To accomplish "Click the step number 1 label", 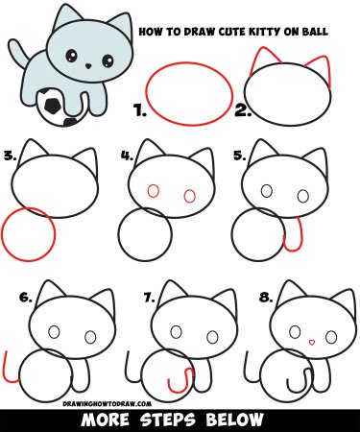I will [140, 111].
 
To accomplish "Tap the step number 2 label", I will [241, 111].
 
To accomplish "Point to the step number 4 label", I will [126, 154].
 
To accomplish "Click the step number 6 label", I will [25, 298].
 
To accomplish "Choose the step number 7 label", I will [149, 298].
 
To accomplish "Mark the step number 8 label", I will [264, 298].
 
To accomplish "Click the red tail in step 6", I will [8, 366].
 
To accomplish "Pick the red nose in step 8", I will [310, 341].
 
